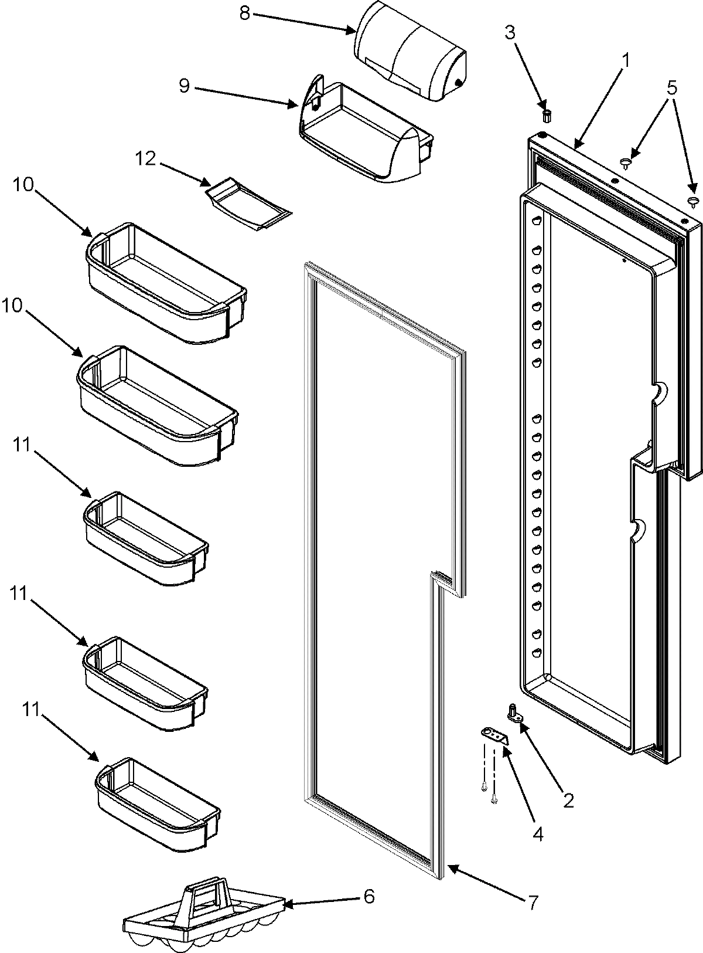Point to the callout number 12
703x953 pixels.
[146, 158]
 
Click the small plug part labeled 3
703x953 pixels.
[548, 114]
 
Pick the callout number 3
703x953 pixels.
[510, 33]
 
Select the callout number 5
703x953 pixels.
[671, 88]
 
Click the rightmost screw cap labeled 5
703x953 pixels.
[694, 203]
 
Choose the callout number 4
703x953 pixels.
[537, 833]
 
